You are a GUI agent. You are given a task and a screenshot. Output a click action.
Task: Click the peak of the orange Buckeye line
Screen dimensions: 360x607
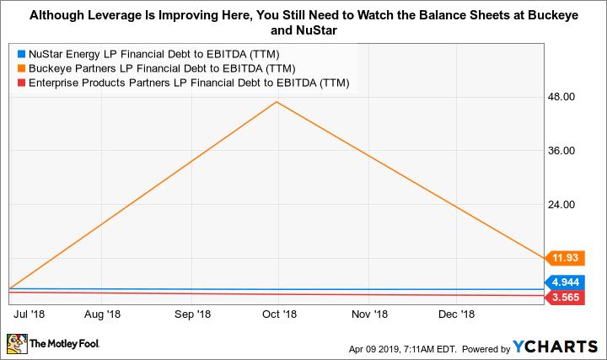(277, 102)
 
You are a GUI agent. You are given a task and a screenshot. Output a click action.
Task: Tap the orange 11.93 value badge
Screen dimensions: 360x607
(565, 258)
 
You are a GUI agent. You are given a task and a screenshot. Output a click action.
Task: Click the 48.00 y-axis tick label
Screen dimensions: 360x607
(561, 97)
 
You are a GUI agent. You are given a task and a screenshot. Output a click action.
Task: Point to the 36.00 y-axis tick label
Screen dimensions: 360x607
(561, 151)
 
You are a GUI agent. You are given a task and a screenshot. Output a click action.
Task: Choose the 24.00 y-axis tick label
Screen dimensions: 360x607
(561, 205)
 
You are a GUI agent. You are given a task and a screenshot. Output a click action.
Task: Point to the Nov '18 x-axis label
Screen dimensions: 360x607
(369, 314)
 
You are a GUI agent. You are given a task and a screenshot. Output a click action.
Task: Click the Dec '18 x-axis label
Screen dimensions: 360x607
(456, 314)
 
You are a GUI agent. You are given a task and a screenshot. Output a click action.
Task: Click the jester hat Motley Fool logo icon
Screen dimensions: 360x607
(16, 343)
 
